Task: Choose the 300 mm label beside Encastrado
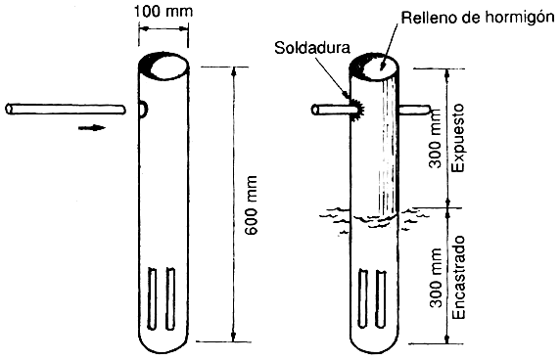[435, 276]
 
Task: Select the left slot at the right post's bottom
[364, 297]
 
